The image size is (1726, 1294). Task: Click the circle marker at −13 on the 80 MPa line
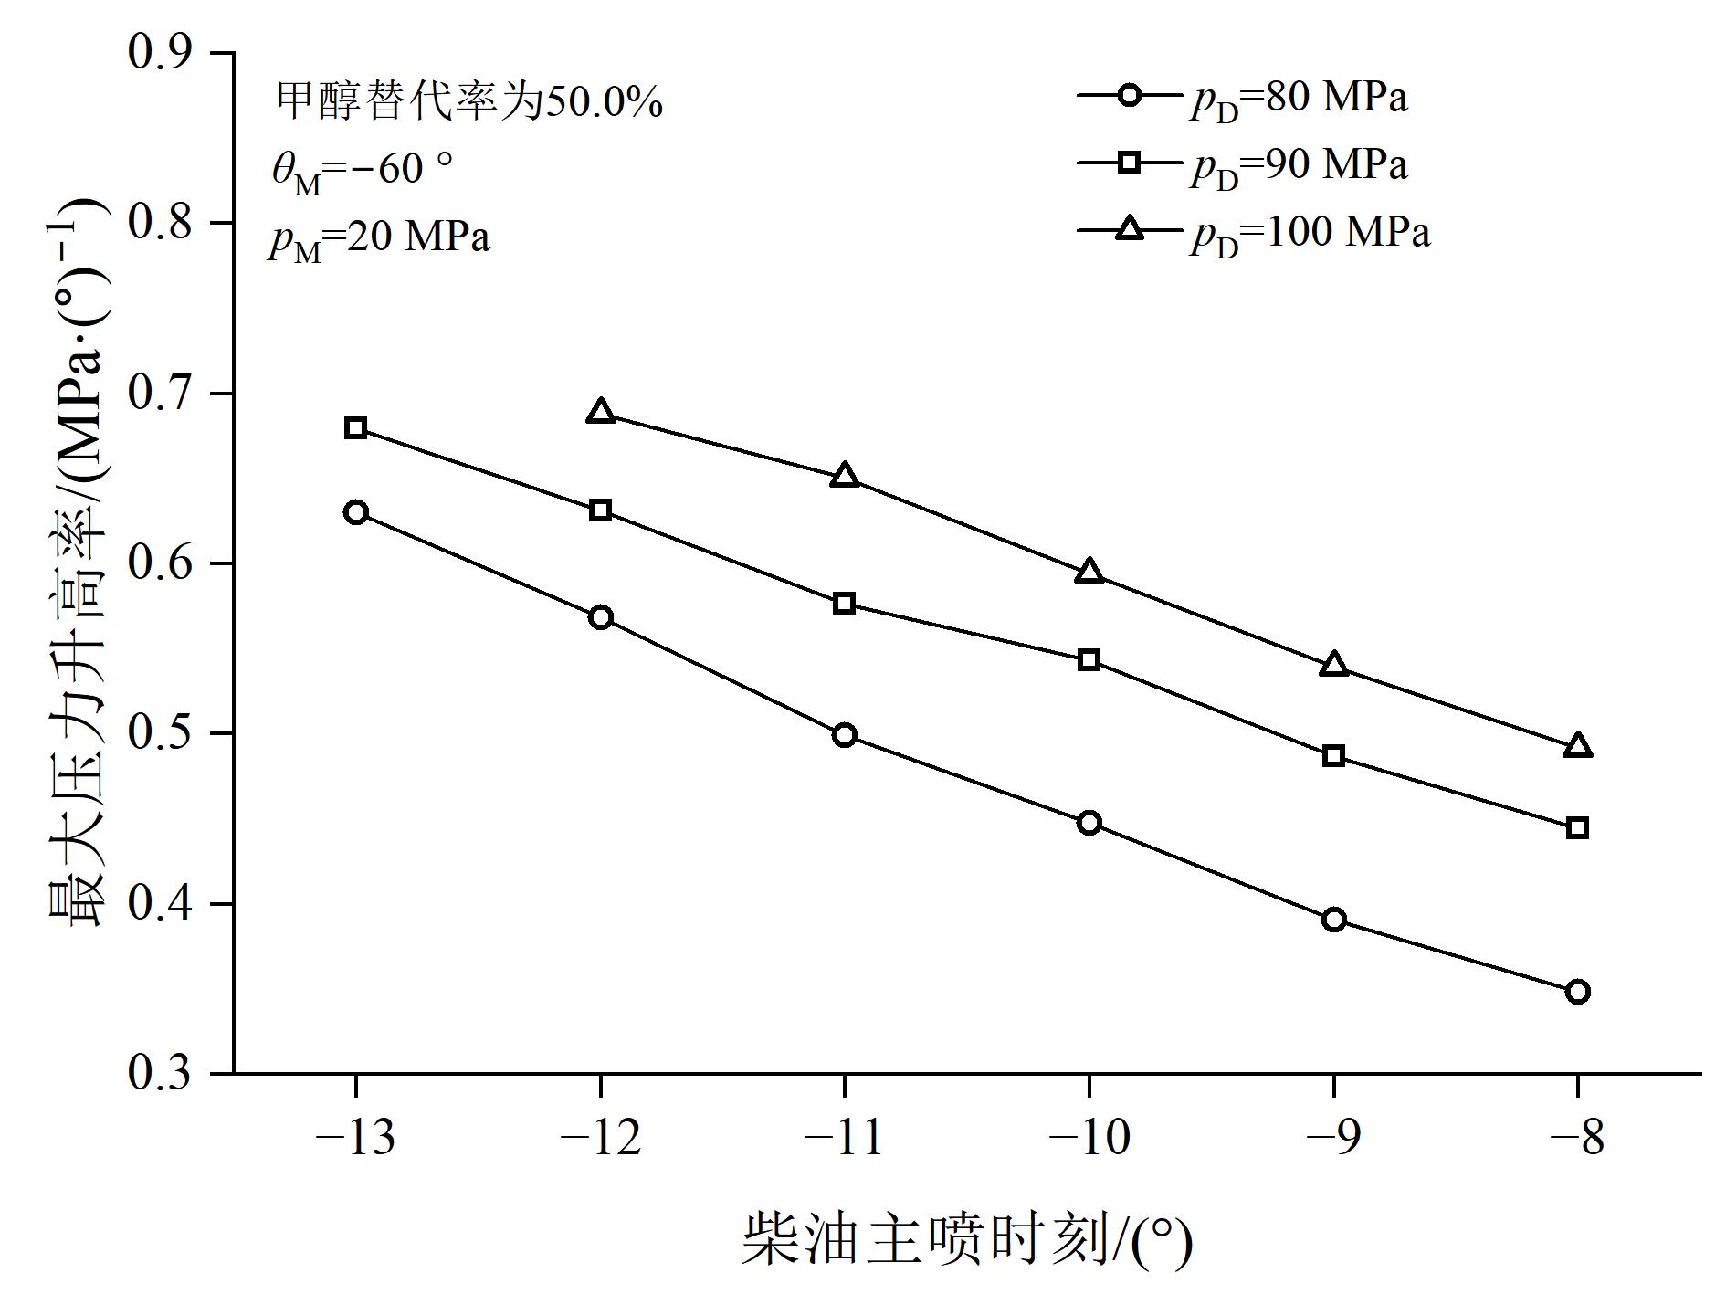click(x=356, y=511)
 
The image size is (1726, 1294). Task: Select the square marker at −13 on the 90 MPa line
click(x=356, y=428)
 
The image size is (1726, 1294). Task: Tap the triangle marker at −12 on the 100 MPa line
click(x=600, y=412)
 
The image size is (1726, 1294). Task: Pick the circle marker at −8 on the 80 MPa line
click(x=1577, y=992)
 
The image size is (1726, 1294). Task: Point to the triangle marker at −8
click(x=1577, y=747)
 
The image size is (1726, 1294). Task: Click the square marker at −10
click(x=1089, y=659)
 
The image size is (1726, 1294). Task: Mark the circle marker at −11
click(x=845, y=735)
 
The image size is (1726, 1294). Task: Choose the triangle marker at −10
click(x=1089, y=573)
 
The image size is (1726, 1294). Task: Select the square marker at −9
click(x=1333, y=755)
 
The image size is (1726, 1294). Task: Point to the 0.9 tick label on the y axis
click(x=162, y=52)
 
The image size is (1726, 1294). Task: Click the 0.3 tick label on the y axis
click(x=162, y=1073)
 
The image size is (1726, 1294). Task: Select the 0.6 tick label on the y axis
click(x=162, y=563)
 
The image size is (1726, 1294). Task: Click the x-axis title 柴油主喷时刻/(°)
click(x=966, y=1238)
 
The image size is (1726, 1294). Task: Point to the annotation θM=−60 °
click(x=362, y=171)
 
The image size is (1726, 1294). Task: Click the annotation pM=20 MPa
click(x=378, y=238)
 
